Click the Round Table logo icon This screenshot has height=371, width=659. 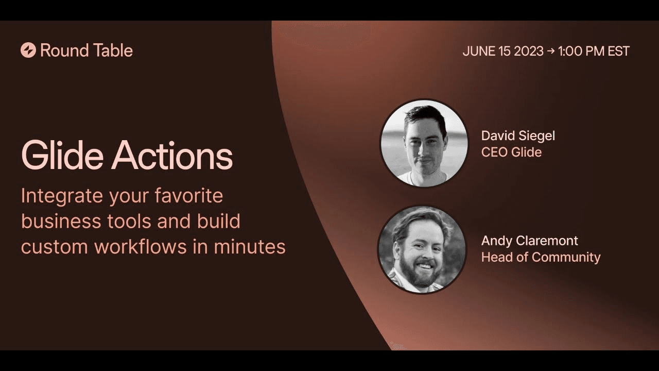(x=28, y=50)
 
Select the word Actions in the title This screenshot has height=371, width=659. (x=172, y=156)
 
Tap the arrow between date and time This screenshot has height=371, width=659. (x=551, y=51)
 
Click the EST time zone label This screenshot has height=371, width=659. (x=617, y=51)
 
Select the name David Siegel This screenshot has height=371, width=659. (x=518, y=136)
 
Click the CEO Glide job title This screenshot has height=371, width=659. (x=511, y=152)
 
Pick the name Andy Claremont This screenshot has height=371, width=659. (x=529, y=241)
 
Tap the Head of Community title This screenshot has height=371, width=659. (x=541, y=257)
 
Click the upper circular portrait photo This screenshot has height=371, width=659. (x=424, y=143)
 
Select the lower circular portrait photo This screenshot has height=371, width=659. (x=422, y=250)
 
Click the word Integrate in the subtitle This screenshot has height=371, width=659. (x=62, y=196)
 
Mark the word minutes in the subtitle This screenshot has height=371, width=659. (x=250, y=246)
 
